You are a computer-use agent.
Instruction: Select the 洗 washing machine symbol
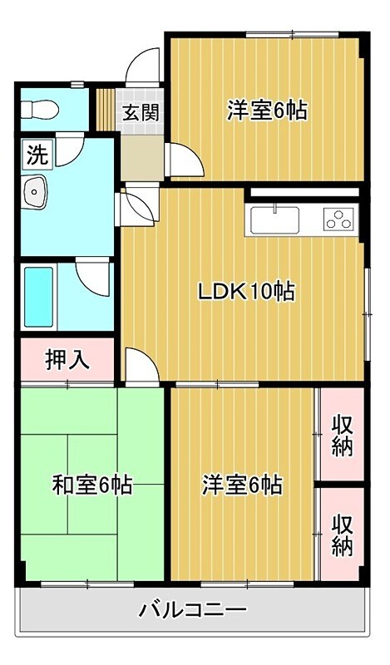coord(37,155)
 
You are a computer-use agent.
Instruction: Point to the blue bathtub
coord(39,297)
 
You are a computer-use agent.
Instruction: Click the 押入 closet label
coord(67,361)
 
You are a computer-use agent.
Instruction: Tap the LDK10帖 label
coord(246,292)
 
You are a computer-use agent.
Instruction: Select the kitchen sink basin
coord(274,221)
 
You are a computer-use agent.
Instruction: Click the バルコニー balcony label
coord(192,612)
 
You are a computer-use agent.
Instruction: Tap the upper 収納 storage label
coord(343,435)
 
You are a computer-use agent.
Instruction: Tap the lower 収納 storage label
coord(342,535)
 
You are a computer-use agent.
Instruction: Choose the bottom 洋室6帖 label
coord(241,485)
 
